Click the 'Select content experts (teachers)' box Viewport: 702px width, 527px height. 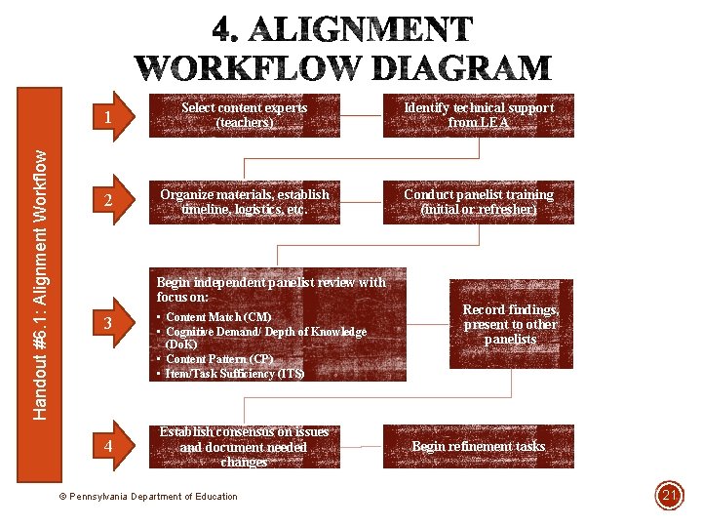(244, 115)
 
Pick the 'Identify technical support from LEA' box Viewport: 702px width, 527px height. (479, 115)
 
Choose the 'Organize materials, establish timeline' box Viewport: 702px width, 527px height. (244, 202)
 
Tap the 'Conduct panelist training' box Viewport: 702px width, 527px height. (479, 202)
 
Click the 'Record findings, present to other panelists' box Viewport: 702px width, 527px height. (510, 324)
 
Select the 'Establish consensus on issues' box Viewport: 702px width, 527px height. (244, 446)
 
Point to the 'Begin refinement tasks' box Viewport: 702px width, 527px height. (479, 446)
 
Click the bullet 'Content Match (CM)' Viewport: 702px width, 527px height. (218, 317)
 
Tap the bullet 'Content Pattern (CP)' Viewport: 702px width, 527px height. (218, 359)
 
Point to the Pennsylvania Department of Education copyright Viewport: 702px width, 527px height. (148, 497)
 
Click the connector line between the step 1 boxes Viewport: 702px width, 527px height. (361, 115)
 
